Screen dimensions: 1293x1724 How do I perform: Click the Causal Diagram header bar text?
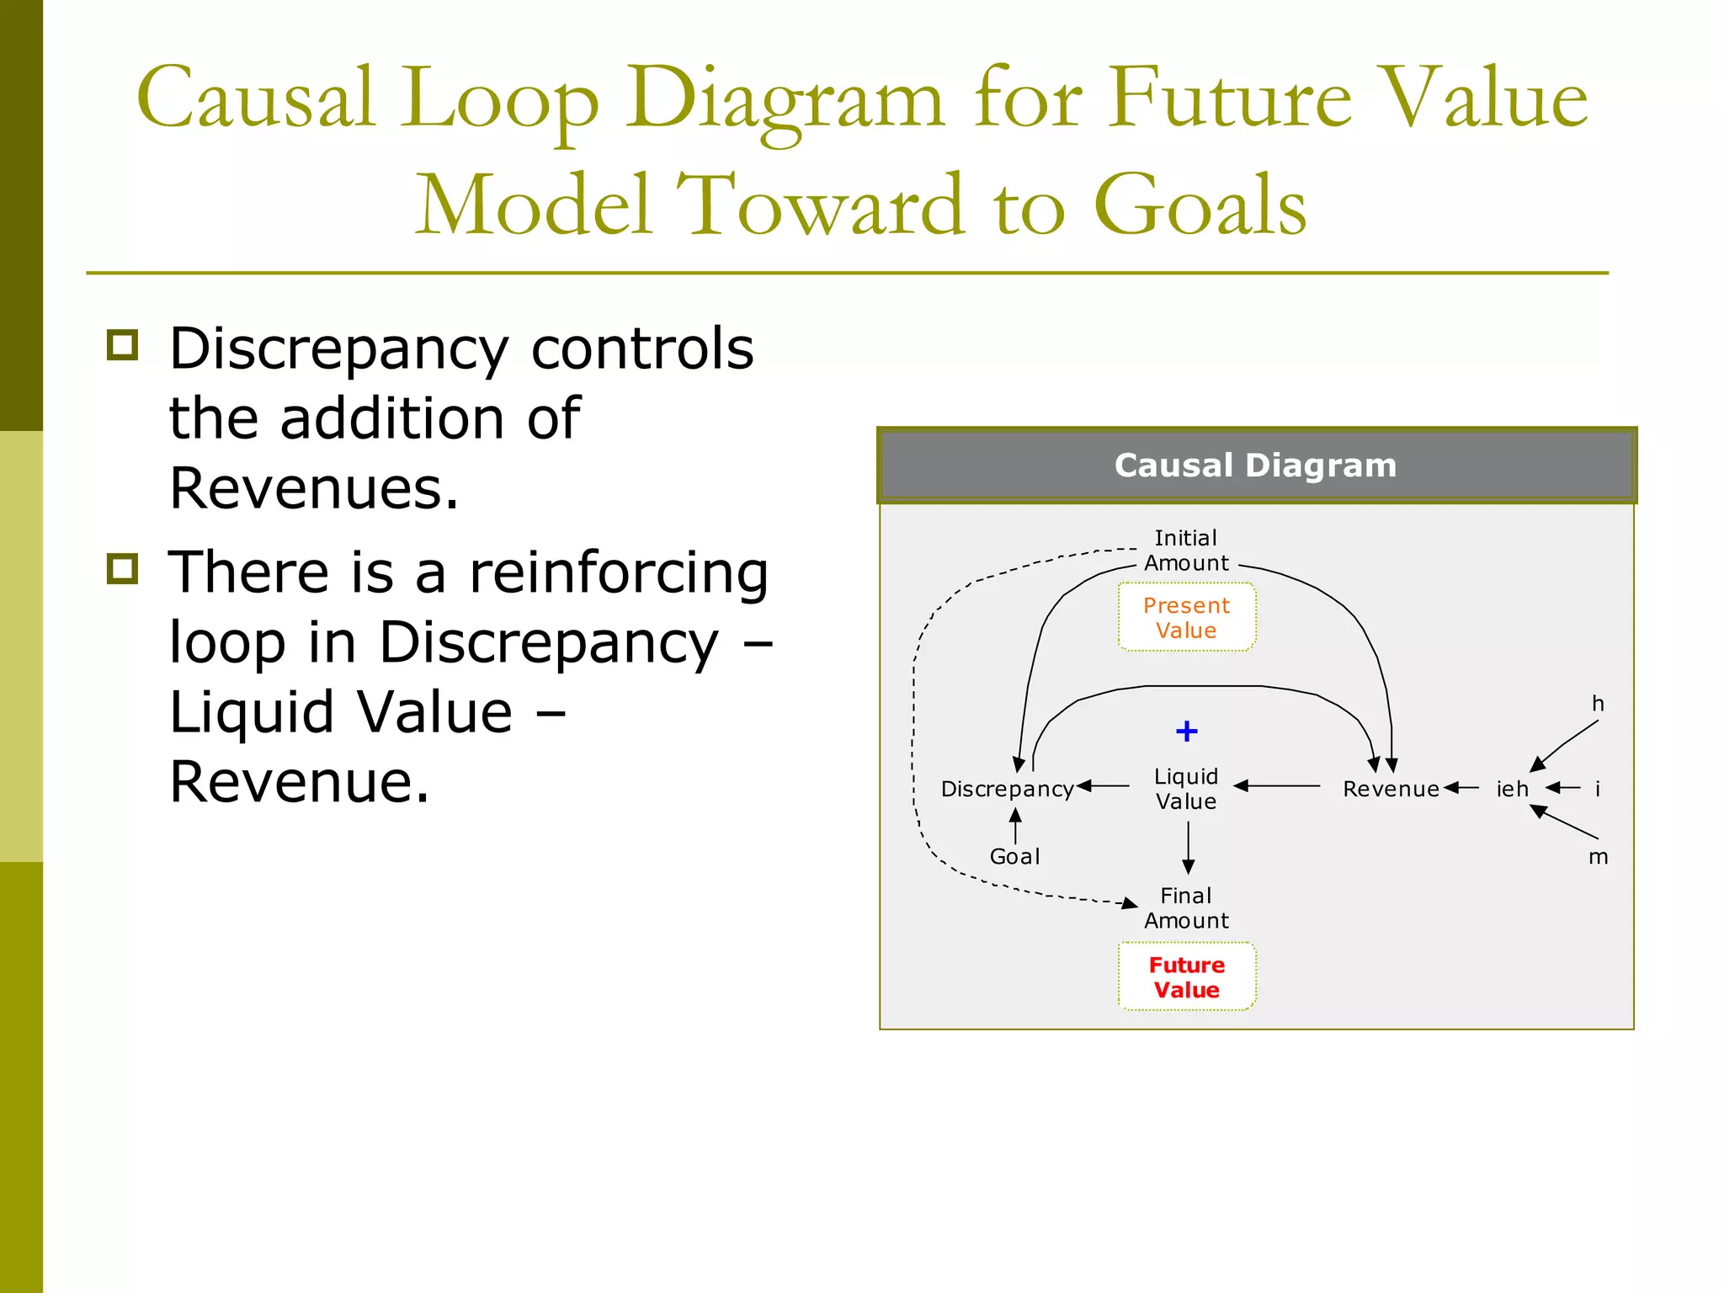coord(1255,466)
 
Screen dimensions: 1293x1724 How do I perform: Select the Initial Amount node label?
coord(1186,551)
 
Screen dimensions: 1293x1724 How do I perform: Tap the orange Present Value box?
coord(1186,618)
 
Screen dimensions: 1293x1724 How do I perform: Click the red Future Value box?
coord(1186,977)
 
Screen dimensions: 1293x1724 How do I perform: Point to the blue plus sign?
coord(1186,731)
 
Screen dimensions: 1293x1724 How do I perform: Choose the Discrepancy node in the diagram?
coord(1007,789)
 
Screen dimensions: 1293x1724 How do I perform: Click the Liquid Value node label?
coord(1186,789)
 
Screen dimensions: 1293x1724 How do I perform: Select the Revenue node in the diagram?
coord(1391,789)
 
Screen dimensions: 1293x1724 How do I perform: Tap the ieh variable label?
coord(1512,789)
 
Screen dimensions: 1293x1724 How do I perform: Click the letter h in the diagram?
coord(1598,704)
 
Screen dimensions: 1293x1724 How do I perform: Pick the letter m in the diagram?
coord(1598,858)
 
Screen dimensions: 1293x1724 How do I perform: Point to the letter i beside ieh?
coord(1598,789)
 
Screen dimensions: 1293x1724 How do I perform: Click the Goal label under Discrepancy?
coord(1014,856)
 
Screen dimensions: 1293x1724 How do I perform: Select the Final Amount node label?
coord(1186,908)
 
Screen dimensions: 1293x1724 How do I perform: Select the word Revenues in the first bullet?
coord(314,487)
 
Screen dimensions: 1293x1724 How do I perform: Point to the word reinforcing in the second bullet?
coord(619,572)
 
